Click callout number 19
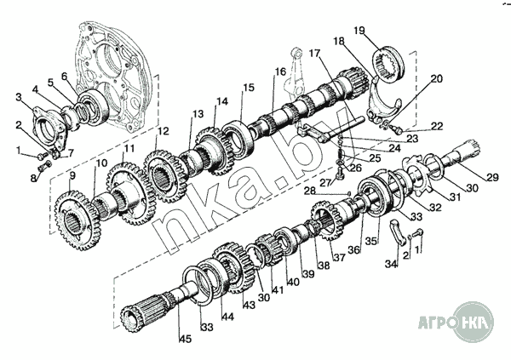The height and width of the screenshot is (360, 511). (360, 32)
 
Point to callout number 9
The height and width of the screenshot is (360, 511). (72, 175)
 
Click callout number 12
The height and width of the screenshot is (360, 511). (164, 132)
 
